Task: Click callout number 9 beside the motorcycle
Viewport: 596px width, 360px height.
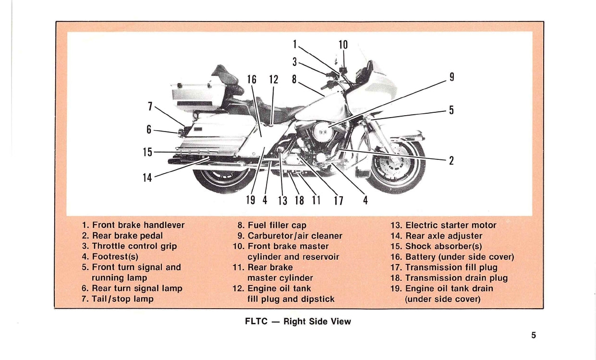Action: (451, 77)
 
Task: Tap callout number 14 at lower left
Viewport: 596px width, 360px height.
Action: (147, 178)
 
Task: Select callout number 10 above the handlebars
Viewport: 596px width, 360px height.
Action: (343, 45)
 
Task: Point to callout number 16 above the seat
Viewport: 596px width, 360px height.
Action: (252, 80)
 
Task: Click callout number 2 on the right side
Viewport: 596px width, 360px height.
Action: (451, 161)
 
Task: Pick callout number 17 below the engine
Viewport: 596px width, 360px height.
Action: (338, 200)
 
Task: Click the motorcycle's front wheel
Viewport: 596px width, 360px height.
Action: (398, 166)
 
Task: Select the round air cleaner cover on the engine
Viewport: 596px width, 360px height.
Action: (320, 130)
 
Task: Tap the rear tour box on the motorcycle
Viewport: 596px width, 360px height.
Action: (198, 94)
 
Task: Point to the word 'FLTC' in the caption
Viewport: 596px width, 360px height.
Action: (256, 321)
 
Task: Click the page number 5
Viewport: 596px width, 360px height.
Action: (534, 336)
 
